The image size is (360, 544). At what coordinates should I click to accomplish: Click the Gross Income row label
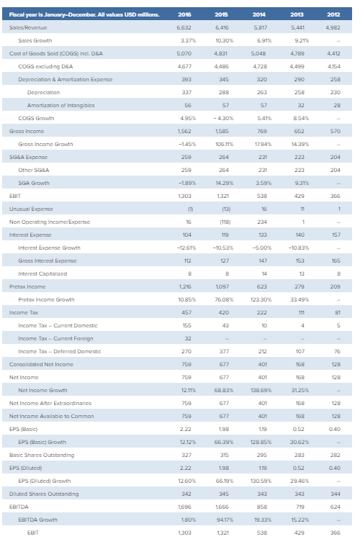coord(22,132)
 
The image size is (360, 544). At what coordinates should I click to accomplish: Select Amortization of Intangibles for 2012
coord(333,106)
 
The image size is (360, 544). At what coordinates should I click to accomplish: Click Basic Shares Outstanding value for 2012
coord(333,455)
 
